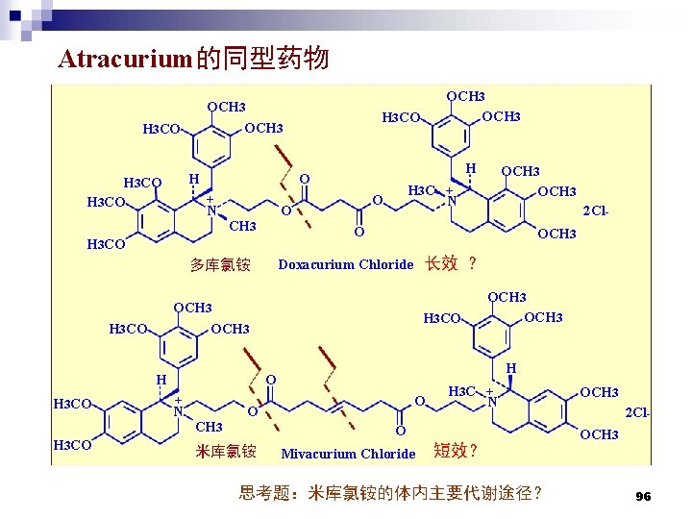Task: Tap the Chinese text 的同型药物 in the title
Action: [x=261, y=60]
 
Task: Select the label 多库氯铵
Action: [x=220, y=264]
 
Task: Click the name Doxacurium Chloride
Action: [x=346, y=264]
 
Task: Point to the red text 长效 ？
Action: [x=452, y=263]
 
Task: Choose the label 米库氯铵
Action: [x=226, y=451]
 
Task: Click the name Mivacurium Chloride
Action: [x=348, y=454]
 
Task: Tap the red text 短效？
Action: [x=457, y=451]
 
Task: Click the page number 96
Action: [x=643, y=497]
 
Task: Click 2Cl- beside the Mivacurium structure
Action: [x=637, y=412]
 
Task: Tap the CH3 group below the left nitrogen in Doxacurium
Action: [x=242, y=226]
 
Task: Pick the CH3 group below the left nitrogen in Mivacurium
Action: [x=209, y=427]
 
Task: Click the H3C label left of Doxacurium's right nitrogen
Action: [x=423, y=189]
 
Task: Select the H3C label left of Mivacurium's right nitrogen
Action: [x=463, y=391]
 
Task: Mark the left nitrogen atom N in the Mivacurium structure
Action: [x=179, y=410]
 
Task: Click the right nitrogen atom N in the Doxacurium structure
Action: [x=451, y=201]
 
